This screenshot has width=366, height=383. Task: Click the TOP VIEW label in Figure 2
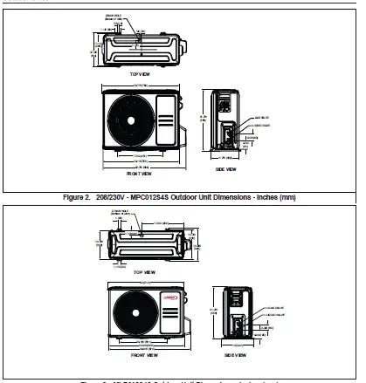pos(139,75)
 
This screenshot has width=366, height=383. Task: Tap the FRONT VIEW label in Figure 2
pos(139,175)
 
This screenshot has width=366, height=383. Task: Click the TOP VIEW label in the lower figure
pos(139,272)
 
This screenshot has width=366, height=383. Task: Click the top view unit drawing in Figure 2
pos(140,44)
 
